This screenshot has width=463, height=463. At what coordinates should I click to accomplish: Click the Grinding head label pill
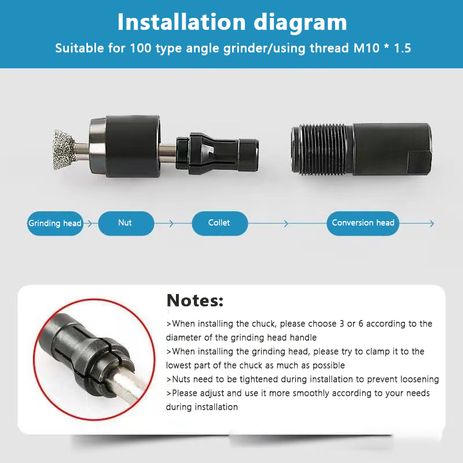[55, 223]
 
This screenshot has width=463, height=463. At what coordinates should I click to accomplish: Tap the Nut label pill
[126, 223]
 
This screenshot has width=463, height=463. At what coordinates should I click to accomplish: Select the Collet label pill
[220, 223]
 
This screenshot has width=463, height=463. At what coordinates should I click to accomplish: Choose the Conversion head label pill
[363, 223]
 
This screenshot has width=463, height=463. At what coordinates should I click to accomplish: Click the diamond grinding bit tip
[64, 150]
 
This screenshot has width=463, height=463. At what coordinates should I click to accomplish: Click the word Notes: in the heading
[195, 300]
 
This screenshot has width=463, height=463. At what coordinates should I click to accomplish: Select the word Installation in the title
[182, 22]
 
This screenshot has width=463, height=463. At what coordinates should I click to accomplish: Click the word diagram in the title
[300, 23]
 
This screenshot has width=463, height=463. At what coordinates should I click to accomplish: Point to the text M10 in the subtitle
[366, 48]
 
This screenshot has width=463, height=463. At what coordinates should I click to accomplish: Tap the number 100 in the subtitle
[141, 48]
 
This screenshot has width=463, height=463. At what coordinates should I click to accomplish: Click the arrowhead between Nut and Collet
[171, 223]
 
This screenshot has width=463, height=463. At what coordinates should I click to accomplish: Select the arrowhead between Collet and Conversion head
[285, 223]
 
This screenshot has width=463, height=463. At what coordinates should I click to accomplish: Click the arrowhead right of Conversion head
[432, 223]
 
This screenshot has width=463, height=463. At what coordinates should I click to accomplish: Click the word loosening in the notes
[420, 380]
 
